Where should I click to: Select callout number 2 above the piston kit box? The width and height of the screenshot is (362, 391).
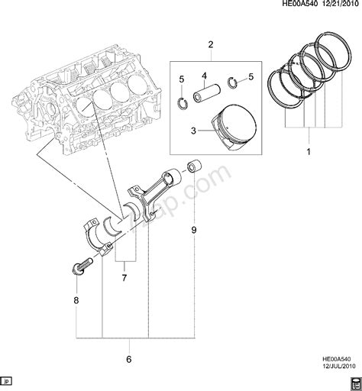[211, 45]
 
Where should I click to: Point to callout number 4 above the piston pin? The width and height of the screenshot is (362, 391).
[205, 75]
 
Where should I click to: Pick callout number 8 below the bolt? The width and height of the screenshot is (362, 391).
[76, 300]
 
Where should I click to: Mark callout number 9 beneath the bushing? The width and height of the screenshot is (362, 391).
[194, 229]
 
